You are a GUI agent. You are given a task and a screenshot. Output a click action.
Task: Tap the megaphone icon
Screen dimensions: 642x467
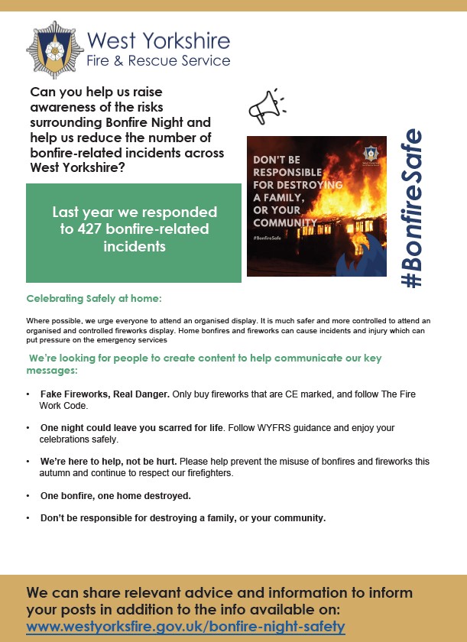tap(264, 108)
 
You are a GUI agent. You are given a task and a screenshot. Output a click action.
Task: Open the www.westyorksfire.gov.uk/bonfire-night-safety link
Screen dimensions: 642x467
tap(186, 627)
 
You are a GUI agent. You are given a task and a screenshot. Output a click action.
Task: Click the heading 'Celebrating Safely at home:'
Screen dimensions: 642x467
tap(94, 299)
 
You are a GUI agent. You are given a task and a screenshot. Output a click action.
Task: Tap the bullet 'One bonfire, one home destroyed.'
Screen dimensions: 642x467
tap(115, 496)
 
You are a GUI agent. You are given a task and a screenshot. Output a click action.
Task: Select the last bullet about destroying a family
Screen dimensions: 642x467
tap(183, 518)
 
